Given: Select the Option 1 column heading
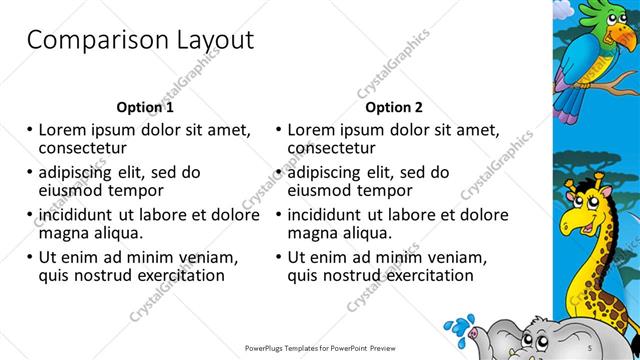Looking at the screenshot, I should click(145, 107).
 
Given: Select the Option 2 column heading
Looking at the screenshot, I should click(394, 107).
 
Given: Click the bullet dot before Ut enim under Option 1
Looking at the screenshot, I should click(31, 257).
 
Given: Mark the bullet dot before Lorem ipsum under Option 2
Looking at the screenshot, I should click(279, 129).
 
